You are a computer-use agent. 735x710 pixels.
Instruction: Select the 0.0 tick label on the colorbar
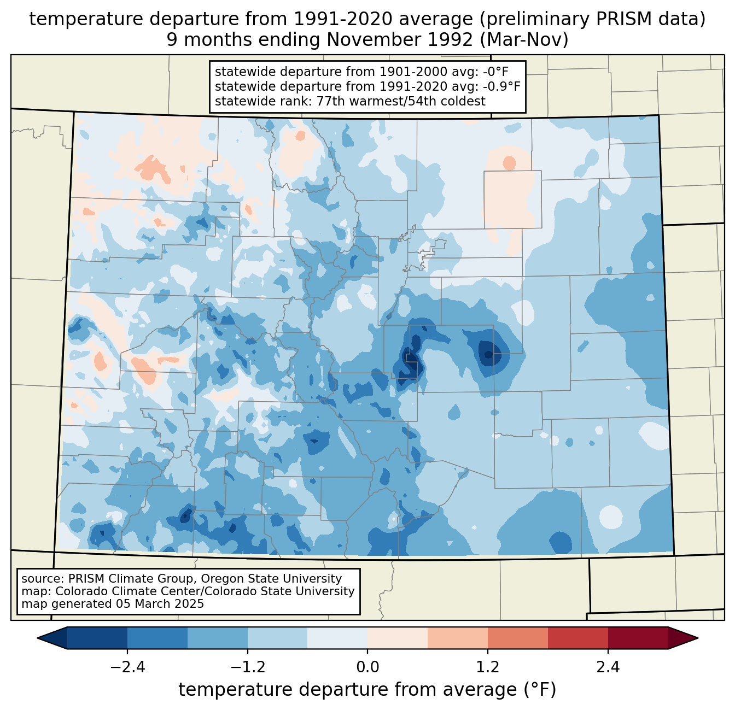click(x=367, y=667)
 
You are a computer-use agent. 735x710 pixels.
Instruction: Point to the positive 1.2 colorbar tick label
click(x=488, y=667)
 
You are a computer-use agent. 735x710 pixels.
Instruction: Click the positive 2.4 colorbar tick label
click(x=608, y=667)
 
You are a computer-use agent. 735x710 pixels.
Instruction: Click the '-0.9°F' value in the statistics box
click(x=500, y=86)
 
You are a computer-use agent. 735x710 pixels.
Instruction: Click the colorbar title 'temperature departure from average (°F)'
click(x=367, y=690)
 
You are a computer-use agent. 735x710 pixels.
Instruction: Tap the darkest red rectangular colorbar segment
click(x=638, y=638)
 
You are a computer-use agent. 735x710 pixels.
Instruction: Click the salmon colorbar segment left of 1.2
click(x=458, y=638)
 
